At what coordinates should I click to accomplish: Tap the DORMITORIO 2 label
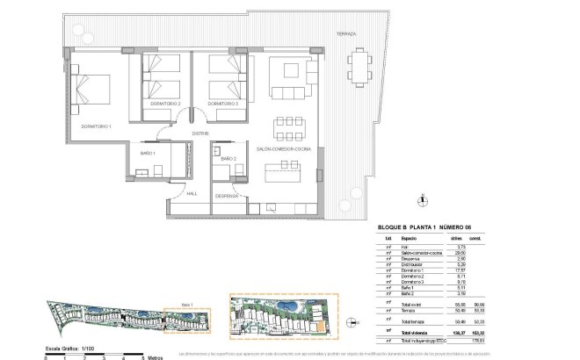click(x=165, y=104)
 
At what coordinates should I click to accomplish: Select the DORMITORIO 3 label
click(x=224, y=104)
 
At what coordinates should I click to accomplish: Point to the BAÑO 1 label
click(x=148, y=154)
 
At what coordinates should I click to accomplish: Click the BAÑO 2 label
click(x=228, y=158)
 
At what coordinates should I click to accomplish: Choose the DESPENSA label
click(x=228, y=198)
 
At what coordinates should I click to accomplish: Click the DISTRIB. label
click(x=199, y=133)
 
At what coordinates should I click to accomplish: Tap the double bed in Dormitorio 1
click(x=92, y=92)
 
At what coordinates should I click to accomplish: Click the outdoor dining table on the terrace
click(x=359, y=64)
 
